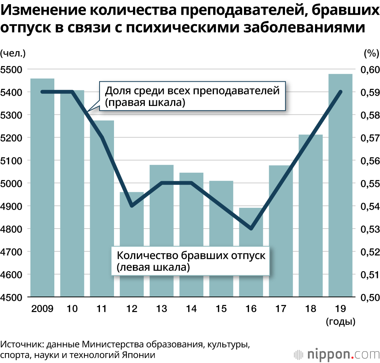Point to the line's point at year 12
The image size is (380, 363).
(132, 206)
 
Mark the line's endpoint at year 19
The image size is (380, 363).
(340, 92)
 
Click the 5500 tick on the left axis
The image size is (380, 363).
(11, 69)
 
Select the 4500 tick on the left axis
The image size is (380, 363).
(11, 297)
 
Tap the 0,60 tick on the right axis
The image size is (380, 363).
(367, 69)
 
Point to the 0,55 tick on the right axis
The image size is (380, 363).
(367, 183)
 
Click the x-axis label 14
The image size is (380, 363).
(191, 309)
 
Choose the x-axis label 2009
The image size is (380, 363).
(42, 309)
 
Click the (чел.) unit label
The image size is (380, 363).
(13, 53)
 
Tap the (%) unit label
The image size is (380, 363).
(371, 53)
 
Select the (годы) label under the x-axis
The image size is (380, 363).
(340, 322)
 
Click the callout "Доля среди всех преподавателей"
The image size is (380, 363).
(192, 96)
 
